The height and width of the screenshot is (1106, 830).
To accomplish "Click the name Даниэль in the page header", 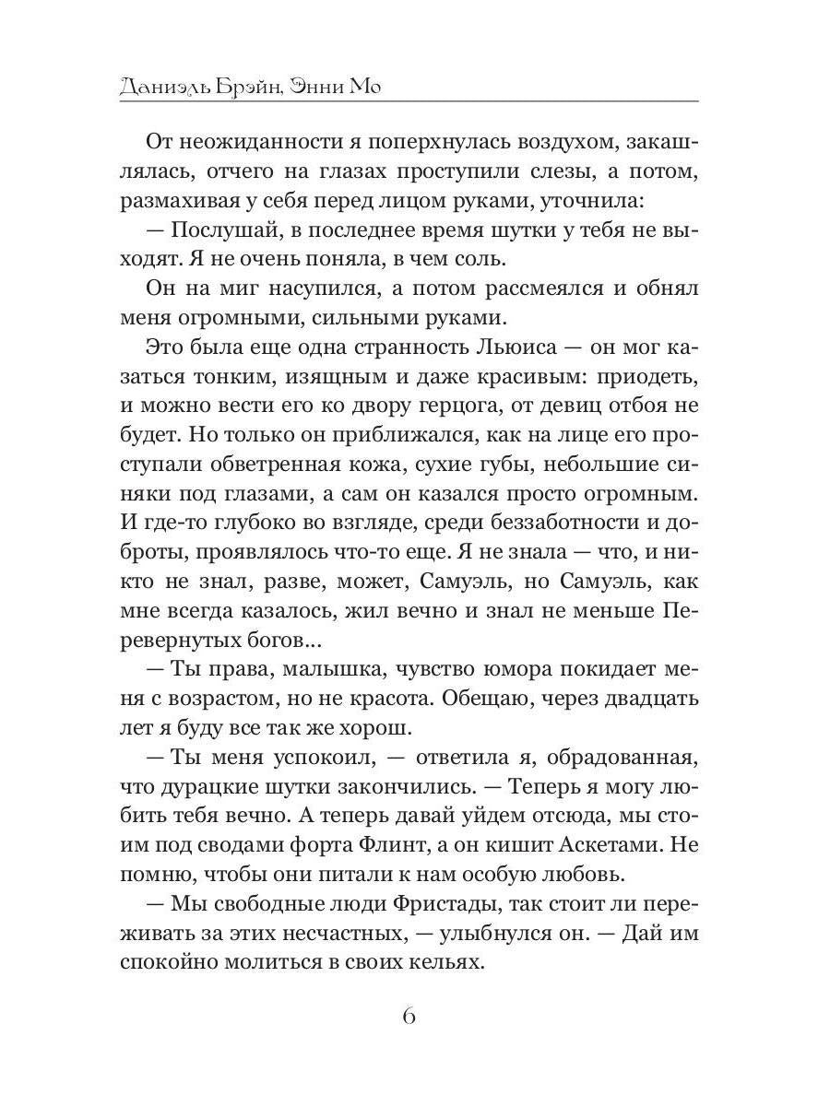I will coord(163,87).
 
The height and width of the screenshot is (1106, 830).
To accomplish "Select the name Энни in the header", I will coord(316,87).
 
